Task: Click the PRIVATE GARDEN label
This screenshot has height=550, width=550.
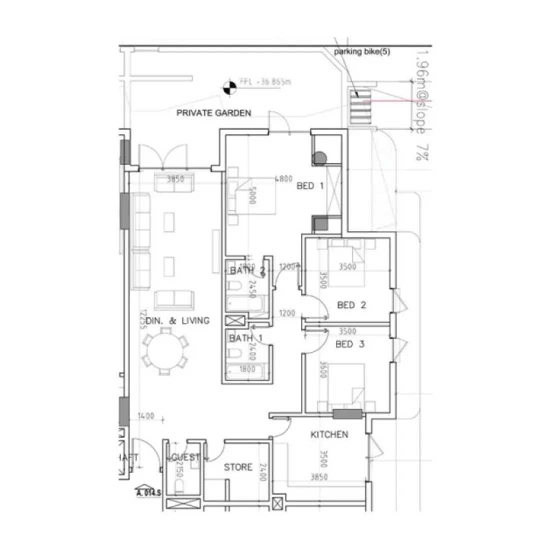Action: click(x=213, y=113)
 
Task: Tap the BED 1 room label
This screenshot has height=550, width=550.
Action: click(x=310, y=186)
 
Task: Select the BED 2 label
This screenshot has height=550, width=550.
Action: click(x=352, y=305)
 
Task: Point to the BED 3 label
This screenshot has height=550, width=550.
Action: click(x=350, y=344)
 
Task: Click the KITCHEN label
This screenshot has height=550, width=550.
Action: click(x=329, y=434)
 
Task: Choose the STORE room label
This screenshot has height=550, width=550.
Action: click(x=238, y=467)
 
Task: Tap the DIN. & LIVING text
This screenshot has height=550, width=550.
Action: click(x=174, y=320)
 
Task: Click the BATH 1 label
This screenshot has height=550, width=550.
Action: click(x=245, y=338)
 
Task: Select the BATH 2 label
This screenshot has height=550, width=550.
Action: click(x=247, y=270)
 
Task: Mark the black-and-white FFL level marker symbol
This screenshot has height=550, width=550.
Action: click(x=228, y=87)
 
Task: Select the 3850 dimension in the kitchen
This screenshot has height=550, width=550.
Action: click(x=319, y=477)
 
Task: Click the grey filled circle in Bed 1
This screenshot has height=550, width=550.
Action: click(x=319, y=159)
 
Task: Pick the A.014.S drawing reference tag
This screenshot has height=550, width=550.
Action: click(x=148, y=492)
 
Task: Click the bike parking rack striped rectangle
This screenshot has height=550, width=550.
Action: click(x=360, y=106)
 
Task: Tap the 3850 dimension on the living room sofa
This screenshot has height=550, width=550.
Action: click(x=175, y=179)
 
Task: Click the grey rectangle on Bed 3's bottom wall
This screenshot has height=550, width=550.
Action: click(x=347, y=413)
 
